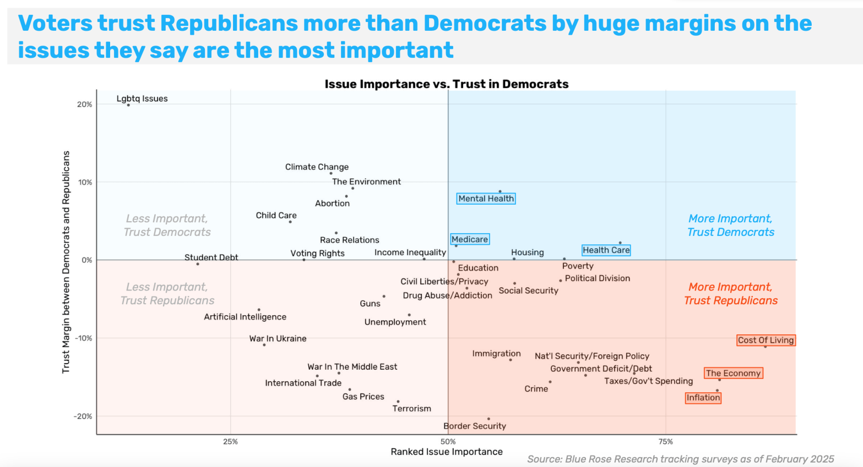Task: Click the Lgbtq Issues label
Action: (x=142, y=99)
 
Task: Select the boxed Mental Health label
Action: (x=486, y=199)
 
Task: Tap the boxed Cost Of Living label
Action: (x=766, y=340)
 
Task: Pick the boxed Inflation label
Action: (x=703, y=398)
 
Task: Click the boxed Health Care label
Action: (x=606, y=250)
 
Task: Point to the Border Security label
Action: (x=475, y=426)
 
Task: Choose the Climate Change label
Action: (x=317, y=167)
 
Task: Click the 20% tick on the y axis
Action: (x=85, y=105)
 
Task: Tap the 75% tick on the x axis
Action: (x=665, y=442)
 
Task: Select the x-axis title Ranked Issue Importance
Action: (x=447, y=452)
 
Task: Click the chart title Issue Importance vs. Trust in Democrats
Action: (x=446, y=84)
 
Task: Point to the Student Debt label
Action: (x=211, y=257)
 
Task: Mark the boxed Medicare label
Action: (x=470, y=239)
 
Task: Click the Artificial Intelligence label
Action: (x=245, y=317)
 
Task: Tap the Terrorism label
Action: (x=411, y=409)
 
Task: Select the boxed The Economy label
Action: (x=733, y=373)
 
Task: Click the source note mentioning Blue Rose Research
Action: (x=680, y=459)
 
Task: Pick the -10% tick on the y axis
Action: (x=84, y=338)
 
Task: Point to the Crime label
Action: (x=536, y=389)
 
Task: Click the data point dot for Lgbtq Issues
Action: (x=128, y=105)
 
